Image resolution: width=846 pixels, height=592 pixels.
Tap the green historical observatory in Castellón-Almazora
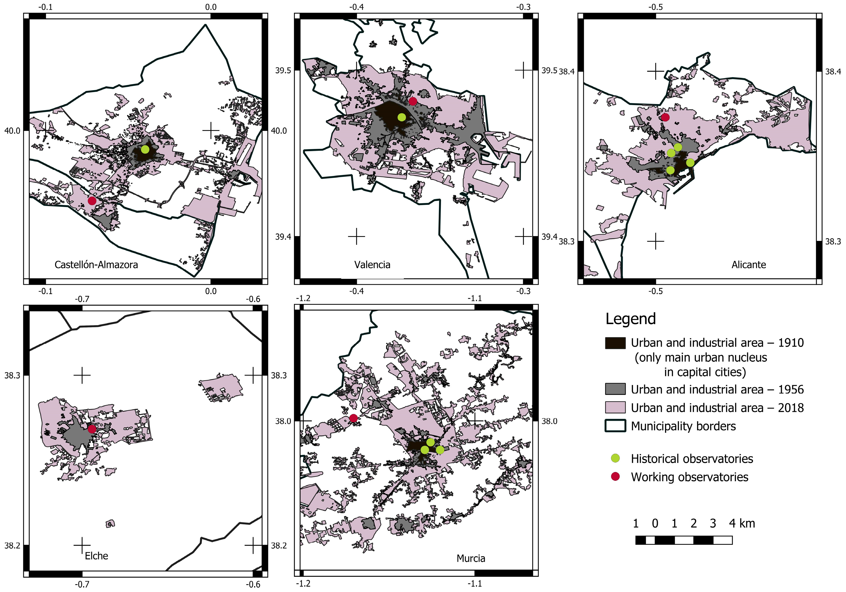pyautogui.click(x=145, y=150)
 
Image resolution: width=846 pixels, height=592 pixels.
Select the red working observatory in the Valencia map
pyautogui.click(x=413, y=101)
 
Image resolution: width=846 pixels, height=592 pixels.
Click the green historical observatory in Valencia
pyautogui.click(x=402, y=117)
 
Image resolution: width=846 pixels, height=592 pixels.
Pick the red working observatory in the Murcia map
pyautogui.click(x=353, y=418)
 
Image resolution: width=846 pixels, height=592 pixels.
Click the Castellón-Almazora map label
pyautogui.click(x=96, y=265)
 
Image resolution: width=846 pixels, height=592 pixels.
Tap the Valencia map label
pyautogui.click(x=372, y=265)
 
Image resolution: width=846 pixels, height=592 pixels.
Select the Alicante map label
pyautogui.click(x=748, y=265)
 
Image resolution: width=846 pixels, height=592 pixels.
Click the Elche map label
pyautogui.click(x=96, y=556)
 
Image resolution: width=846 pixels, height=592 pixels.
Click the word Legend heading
pyautogui.click(x=631, y=319)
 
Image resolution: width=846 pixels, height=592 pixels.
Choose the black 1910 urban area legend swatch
pyautogui.click(x=615, y=343)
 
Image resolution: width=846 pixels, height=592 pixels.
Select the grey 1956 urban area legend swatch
pyautogui.click(x=615, y=389)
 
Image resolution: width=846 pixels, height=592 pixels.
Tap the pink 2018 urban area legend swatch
pyautogui.click(x=615, y=408)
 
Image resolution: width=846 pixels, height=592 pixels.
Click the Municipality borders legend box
pyautogui.click(x=615, y=426)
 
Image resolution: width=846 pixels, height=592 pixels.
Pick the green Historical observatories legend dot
pyautogui.click(x=615, y=458)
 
